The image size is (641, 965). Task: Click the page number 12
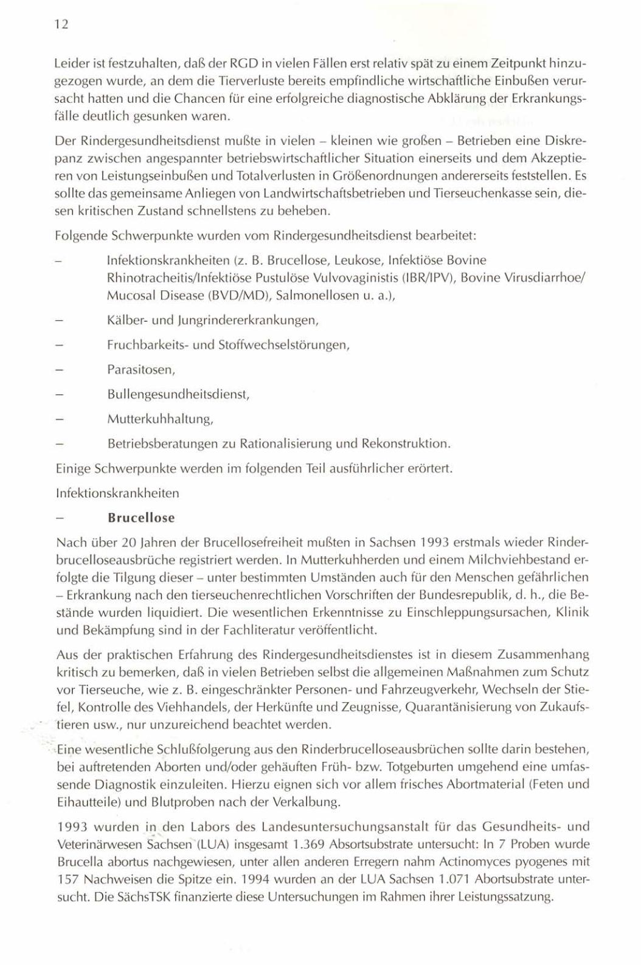click(x=61, y=24)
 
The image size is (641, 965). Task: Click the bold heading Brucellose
click(x=141, y=518)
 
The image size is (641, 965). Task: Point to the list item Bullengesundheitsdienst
click(x=179, y=394)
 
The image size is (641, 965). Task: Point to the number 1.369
click(x=306, y=844)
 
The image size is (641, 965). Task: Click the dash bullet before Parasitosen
click(x=60, y=370)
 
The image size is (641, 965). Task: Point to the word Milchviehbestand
click(x=516, y=559)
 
